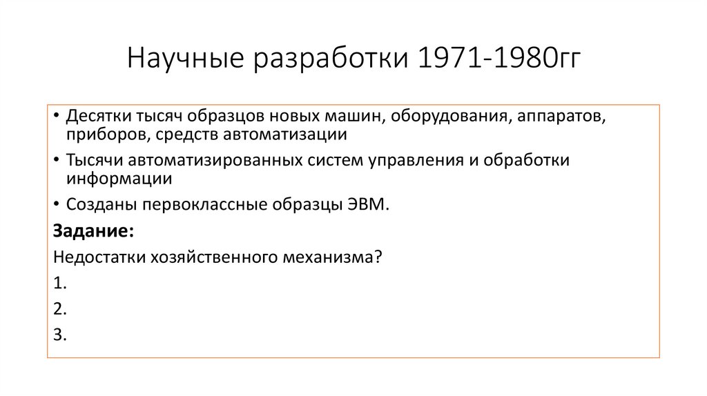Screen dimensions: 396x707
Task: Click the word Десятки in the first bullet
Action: coord(95,116)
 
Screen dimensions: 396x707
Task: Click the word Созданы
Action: coord(97,205)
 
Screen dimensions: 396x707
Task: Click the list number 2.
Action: coord(59,309)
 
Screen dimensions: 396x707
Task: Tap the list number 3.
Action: coord(59,335)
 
